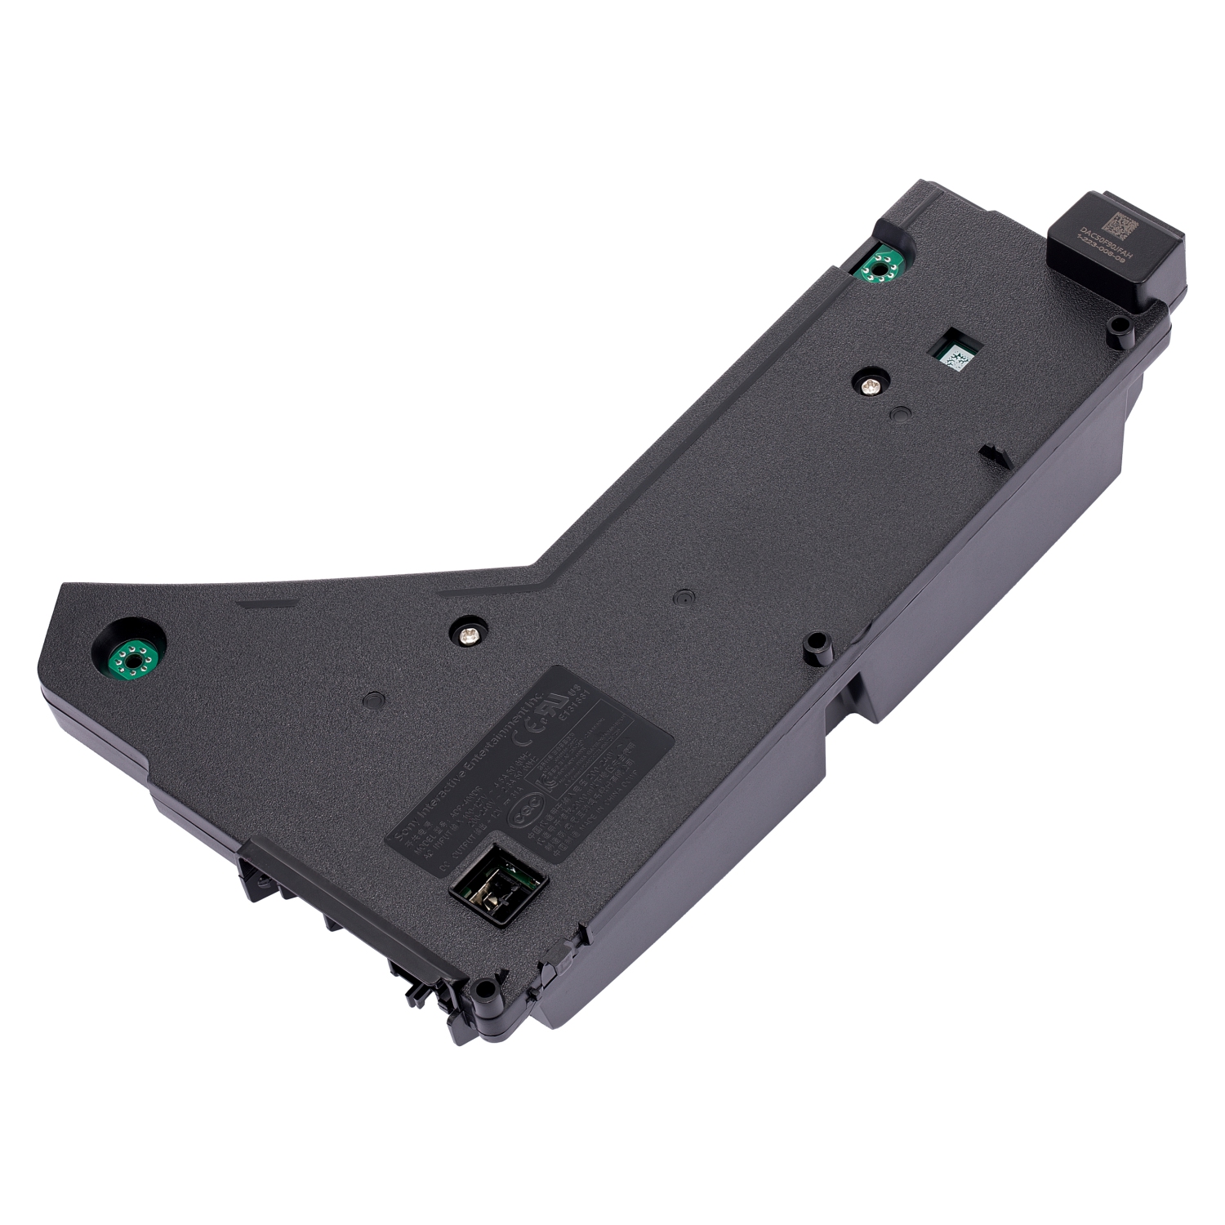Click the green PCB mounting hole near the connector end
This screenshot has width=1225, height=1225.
pyautogui.click(x=880, y=265)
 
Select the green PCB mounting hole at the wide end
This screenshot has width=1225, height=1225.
pyautogui.click(x=131, y=655)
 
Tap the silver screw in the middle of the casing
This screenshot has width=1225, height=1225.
pyautogui.click(x=469, y=631)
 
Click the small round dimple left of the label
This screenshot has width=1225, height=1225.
pyautogui.click(x=373, y=700)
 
